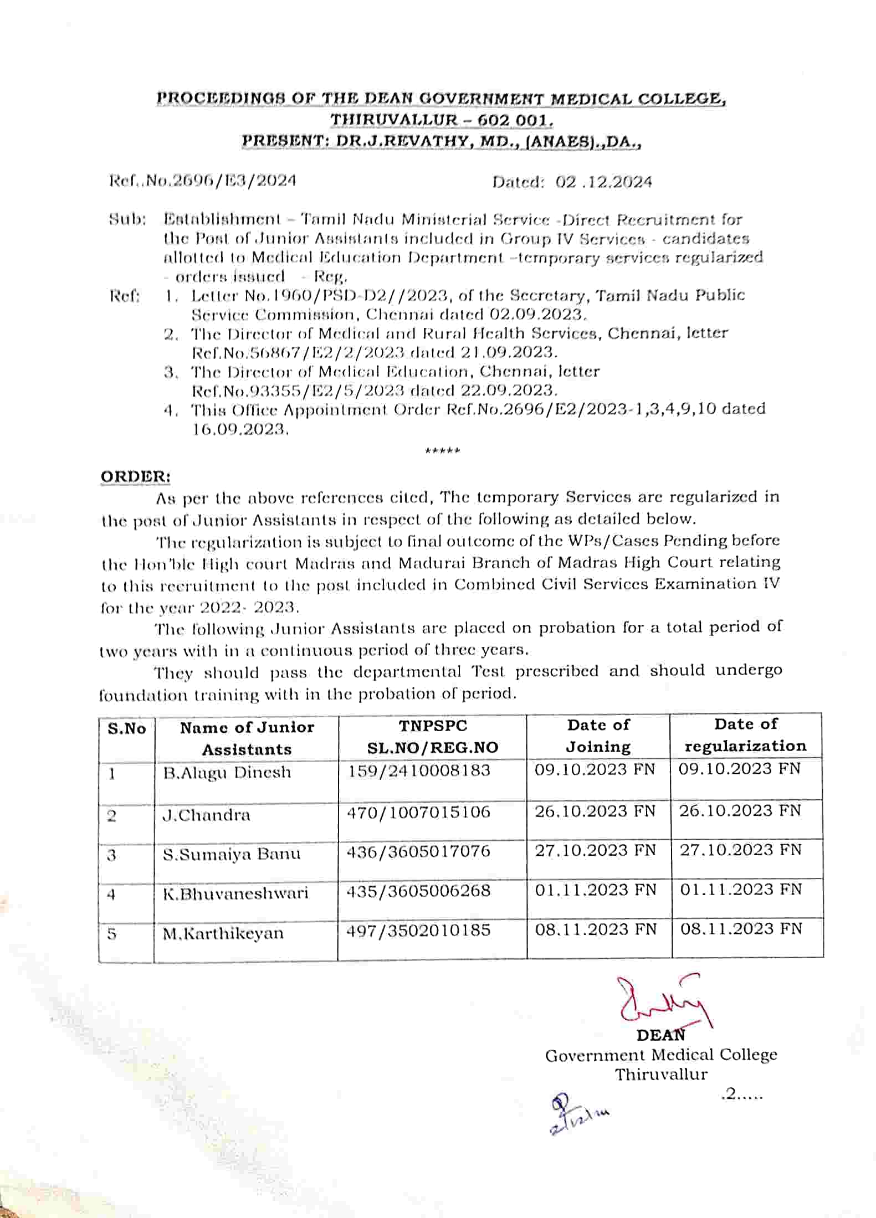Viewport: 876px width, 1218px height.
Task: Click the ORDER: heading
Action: (x=135, y=477)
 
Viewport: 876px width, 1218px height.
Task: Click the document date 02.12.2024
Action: (x=603, y=182)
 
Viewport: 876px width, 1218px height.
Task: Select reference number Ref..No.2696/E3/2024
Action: (x=203, y=181)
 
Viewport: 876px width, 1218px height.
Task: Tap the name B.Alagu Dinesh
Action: (x=227, y=772)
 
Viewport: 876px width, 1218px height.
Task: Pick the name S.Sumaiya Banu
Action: (x=232, y=854)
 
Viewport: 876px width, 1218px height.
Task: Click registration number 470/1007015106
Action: (x=418, y=813)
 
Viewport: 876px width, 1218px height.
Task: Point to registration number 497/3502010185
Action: (x=418, y=930)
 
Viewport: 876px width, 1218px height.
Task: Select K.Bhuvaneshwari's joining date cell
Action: (x=596, y=890)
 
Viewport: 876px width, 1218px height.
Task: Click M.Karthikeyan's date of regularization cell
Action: (x=741, y=929)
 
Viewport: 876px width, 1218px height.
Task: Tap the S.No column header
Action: (x=127, y=728)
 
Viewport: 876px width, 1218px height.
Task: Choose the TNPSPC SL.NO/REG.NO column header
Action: (x=433, y=737)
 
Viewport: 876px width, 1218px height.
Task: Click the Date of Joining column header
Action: (x=598, y=736)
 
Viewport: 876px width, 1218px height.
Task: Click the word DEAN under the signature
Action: (x=660, y=1035)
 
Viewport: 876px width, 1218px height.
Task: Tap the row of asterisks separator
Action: (x=442, y=451)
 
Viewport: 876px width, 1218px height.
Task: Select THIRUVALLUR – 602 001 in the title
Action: (x=441, y=120)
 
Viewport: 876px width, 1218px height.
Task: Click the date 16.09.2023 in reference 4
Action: (x=240, y=430)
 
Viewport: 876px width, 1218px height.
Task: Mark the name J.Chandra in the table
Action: (x=206, y=815)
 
